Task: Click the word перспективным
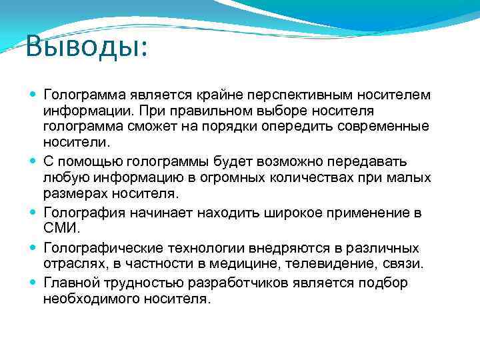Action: tap(313, 94)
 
